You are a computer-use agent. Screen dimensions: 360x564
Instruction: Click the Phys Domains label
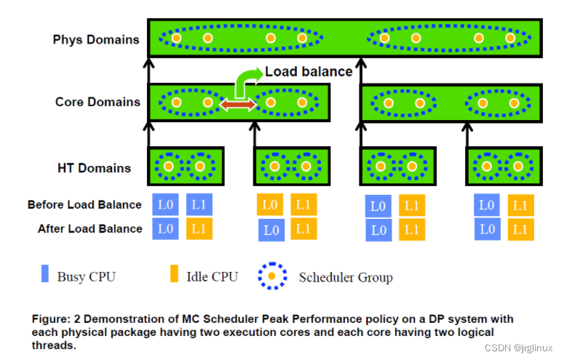point(96,39)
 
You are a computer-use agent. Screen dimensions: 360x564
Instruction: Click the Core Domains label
point(98,102)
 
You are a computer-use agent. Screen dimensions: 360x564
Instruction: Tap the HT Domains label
point(95,168)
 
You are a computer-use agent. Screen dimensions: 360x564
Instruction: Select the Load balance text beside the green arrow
point(309,71)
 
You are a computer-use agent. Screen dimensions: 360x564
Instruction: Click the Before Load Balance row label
point(84,205)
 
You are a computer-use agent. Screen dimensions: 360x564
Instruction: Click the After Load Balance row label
point(90,228)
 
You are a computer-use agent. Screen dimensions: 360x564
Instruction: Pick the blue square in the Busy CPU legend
point(45,275)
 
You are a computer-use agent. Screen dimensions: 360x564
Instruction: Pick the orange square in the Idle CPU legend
point(174,275)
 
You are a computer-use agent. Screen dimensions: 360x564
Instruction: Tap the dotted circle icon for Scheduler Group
point(271,276)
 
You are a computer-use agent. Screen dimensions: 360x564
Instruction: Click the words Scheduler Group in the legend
point(346,277)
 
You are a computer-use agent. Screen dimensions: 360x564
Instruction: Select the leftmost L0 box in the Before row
point(165,204)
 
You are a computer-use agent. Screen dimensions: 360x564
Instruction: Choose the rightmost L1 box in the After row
point(520,230)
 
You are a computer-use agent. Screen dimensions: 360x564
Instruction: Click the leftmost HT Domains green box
point(186,167)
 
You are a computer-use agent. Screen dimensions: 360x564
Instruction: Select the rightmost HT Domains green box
point(503,167)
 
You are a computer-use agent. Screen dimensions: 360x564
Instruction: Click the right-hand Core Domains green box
point(450,103)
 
